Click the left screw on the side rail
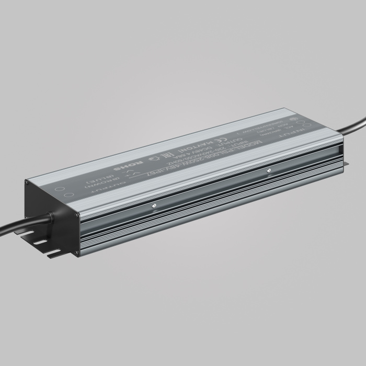(x=154, y=205)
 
